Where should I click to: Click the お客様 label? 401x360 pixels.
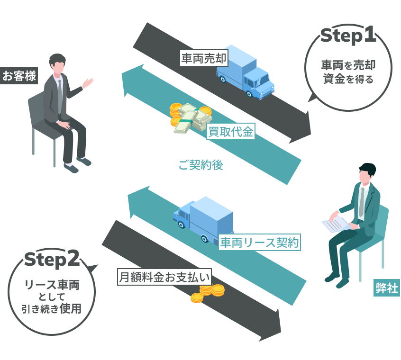[19, 76]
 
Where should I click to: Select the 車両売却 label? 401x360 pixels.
[204, 58]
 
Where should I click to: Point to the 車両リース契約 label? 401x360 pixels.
[259, 243]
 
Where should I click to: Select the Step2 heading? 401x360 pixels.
[52, 259]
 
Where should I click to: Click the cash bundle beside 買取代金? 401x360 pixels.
[190, 119]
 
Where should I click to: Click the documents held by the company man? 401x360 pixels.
[337, 223]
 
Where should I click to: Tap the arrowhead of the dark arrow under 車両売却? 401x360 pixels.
[301, 130]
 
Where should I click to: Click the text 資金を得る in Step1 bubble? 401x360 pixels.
[348, 79]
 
